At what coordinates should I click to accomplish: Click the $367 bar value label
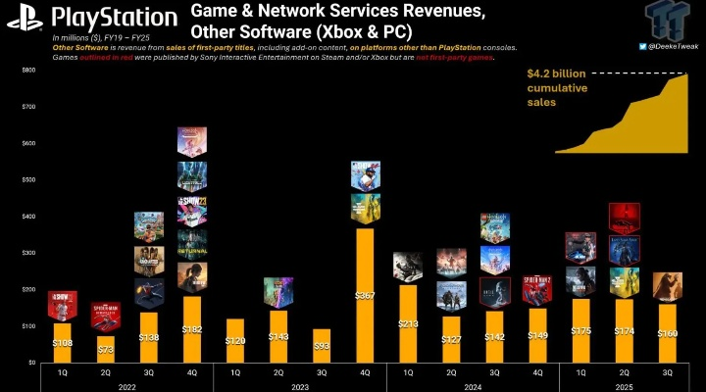[364, 294]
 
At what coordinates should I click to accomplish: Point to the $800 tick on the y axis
[28, 71]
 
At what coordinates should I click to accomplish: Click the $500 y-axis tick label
[28, 180]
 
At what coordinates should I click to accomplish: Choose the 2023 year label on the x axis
[300, 385]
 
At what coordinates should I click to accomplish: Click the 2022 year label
[125, 385]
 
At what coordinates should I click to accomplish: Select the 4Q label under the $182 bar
[192, 371]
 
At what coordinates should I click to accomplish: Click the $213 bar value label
[408, 323]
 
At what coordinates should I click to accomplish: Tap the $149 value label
[536, 335]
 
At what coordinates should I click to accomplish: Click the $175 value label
[580, 331]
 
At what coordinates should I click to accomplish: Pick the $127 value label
[451, 339]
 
